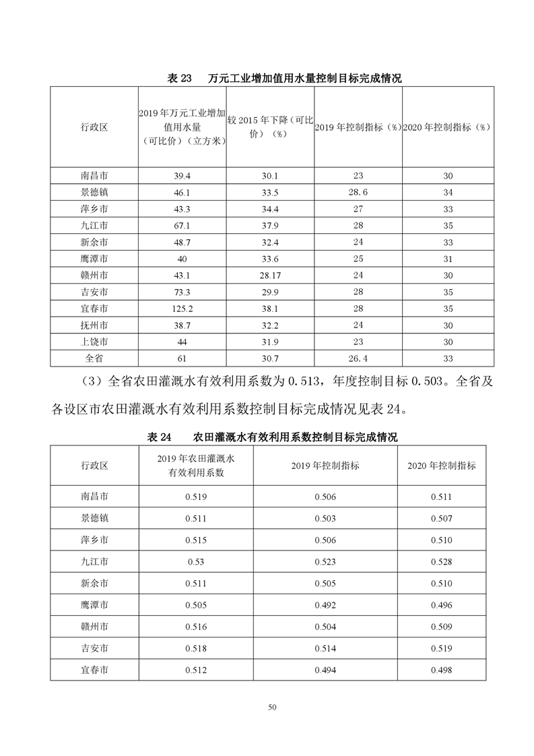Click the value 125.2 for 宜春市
[182, 308]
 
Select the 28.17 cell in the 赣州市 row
[270, 275]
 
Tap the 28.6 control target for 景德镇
[358, 192]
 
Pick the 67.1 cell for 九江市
[182, 225]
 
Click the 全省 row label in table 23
[94, 357]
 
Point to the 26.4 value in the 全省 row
[358, 357]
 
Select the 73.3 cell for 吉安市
[182, 291]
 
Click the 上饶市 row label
[94, 341]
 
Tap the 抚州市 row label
[94, 324]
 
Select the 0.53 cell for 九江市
[196, 561]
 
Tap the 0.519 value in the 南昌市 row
[196, 497]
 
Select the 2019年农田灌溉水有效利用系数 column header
[196, 465]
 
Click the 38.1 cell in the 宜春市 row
[270, 308]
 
